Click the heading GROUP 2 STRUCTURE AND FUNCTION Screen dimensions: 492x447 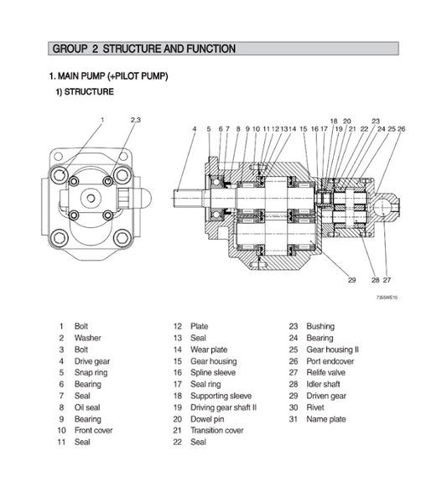click(143, 49)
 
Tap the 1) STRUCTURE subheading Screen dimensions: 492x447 click(85, 91)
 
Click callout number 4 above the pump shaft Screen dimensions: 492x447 click(194, 129)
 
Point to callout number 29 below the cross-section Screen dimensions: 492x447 click(351, 280)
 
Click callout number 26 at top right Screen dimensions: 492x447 click(402, 129)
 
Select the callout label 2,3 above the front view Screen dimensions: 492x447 click(136, 121)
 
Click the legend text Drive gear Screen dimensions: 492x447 click(92, 361)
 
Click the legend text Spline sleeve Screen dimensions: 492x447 click(213, 373)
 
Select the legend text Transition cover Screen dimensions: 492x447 click(217, 431)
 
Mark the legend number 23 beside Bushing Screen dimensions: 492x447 click(294, 326)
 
